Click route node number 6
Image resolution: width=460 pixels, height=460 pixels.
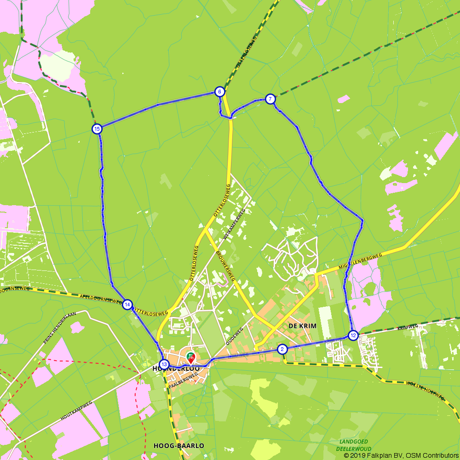[219, 92]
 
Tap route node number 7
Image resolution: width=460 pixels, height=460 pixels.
[270, 99]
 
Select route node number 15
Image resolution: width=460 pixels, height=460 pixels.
[97, 129]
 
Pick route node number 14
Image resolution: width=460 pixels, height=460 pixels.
[127, 305]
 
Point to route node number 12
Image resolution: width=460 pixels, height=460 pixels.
[353, 335]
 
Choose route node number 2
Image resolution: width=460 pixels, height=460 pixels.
[282, 349]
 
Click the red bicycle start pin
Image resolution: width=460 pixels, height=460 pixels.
[190, 356]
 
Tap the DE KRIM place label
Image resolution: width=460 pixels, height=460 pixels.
[302, 326]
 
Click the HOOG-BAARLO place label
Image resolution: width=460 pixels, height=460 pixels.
[178, 446]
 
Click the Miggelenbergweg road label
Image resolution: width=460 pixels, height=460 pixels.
[361, 261]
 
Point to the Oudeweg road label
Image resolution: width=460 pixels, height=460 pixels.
[234, 336]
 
